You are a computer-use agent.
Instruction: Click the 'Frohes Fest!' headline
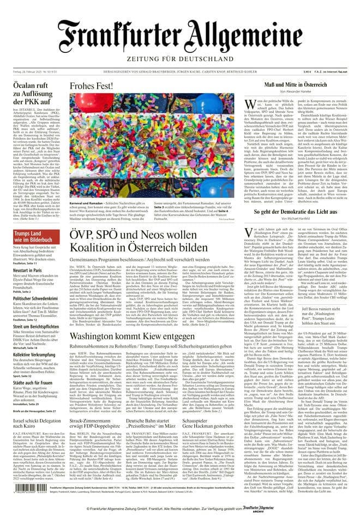coord(91,86)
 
